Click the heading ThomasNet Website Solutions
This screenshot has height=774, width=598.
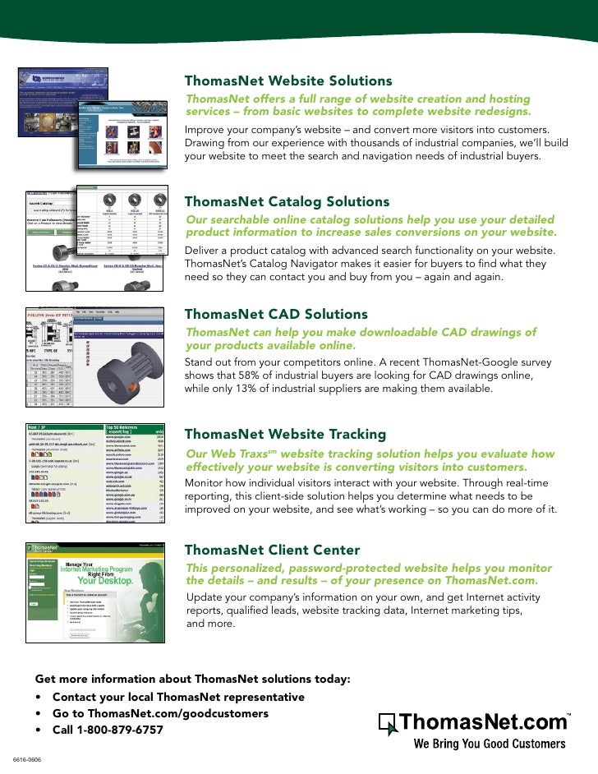click(288, 81)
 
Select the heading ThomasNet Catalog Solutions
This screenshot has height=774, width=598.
click(287, 201)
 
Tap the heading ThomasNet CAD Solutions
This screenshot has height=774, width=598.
click(276, 314)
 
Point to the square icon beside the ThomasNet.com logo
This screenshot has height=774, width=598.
click(388, 724)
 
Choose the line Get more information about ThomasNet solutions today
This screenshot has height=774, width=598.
click(192, 680)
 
